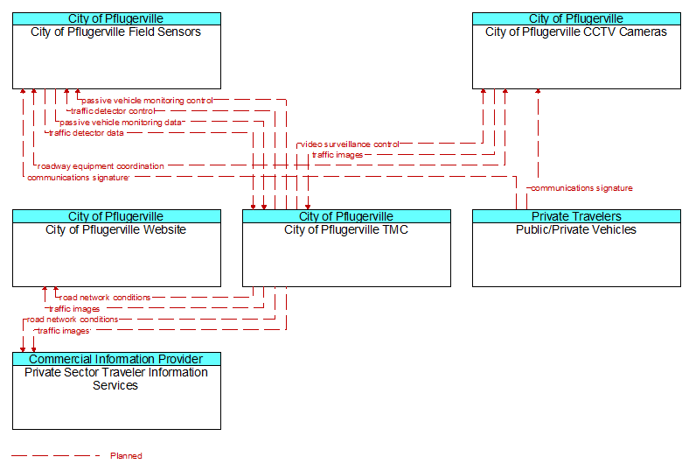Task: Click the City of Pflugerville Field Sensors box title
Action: click(x=115, y=32)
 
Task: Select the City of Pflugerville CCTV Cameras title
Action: click(x=576, y=32)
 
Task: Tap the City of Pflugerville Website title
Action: click(x=115, y=230)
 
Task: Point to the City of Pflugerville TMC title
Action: click(x=346, y=230)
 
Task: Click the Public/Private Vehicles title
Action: click(x=576, y=230)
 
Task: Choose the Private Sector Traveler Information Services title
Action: click(x=116, y=379)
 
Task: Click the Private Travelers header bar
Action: click(x=576, y=216)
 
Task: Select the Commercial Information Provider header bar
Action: click(x=116, y=359)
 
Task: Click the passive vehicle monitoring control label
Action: click(x=147, y=101)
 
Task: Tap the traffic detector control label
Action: click(x=113, y=111)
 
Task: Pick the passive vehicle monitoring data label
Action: click(x=121, y=123)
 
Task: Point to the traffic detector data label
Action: click(x=87, y=133)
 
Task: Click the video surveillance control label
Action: click(x=350, y=144)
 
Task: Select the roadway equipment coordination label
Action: click(x=101, y=166)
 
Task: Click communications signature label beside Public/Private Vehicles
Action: click(x=581, y=189)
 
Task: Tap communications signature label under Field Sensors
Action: click(x=78, y=178)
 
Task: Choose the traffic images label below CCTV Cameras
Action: click(x=338, y=155)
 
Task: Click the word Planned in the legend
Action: click(x=126, y=456)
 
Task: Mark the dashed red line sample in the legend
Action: click(x=56, y=456)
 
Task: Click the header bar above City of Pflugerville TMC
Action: click(x=347, y=216)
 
